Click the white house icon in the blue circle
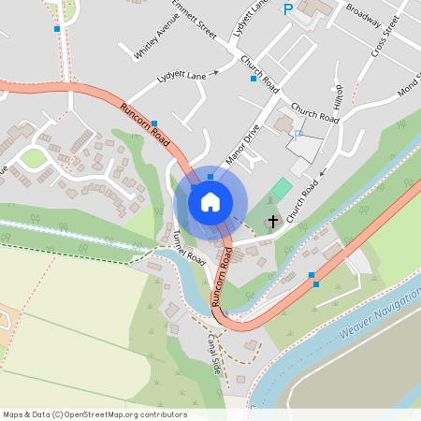210,201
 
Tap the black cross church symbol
273,222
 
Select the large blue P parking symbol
288,9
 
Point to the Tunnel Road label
188,245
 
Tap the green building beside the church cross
280,187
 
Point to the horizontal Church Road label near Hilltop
313,113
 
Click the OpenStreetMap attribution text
94,414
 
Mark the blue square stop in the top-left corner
57,29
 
